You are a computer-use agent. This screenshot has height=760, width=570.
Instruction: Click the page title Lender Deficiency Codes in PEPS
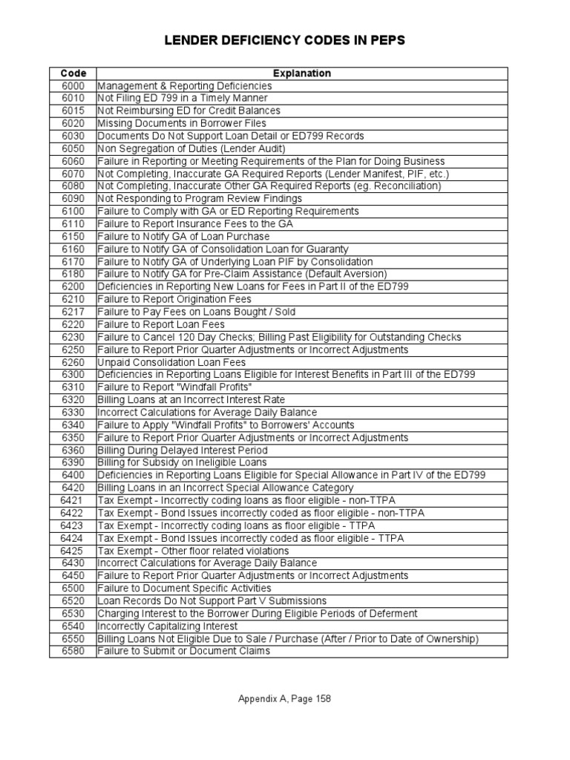pyautogui.click(x=284, y=40)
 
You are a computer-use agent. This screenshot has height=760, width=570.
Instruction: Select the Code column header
pyautogui.click(x=73, y=73)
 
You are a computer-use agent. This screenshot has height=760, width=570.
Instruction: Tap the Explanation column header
pyautogui.click(x=301, y=73)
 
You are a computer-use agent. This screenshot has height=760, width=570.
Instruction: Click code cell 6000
pyautogui.click(x=73, y=86)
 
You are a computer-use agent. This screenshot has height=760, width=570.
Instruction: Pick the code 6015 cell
pyautogui.click(x=73, y=111)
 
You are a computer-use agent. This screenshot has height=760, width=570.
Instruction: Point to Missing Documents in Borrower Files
pyautogui.click(x=182, y=124)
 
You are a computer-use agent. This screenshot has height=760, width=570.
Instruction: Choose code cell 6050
pyautogui.click(x=73, y=148)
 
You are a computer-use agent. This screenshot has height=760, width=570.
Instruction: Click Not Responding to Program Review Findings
pyautogui.click(x=200, y=199)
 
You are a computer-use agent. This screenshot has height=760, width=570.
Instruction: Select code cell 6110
pyautogui.click(x=73, y=224)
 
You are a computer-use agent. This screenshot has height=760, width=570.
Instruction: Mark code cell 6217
pyautogui.click(x=73, y=312)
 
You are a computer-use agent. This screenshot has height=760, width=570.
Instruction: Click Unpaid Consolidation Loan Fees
pyautogui.click(x=171, y=362)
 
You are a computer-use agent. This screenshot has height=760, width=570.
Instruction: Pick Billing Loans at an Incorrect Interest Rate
pyautogui.click(x=191, y=400)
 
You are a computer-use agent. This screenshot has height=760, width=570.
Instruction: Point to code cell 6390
pyautogui.click(x=73, y=463)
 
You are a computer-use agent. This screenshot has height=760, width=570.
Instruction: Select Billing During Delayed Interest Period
pyautogui.click(x=183, y=451)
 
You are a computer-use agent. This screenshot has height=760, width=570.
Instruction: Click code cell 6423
pyautogui.click(x=73, y=525)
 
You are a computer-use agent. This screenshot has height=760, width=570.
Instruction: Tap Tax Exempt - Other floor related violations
pyautogui.click(x=193, y=551)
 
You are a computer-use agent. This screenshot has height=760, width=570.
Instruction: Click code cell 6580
pyautogui.click(x=73, y=652)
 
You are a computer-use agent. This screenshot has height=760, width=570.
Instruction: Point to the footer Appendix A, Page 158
pyautogui.click(x=284, y=698)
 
